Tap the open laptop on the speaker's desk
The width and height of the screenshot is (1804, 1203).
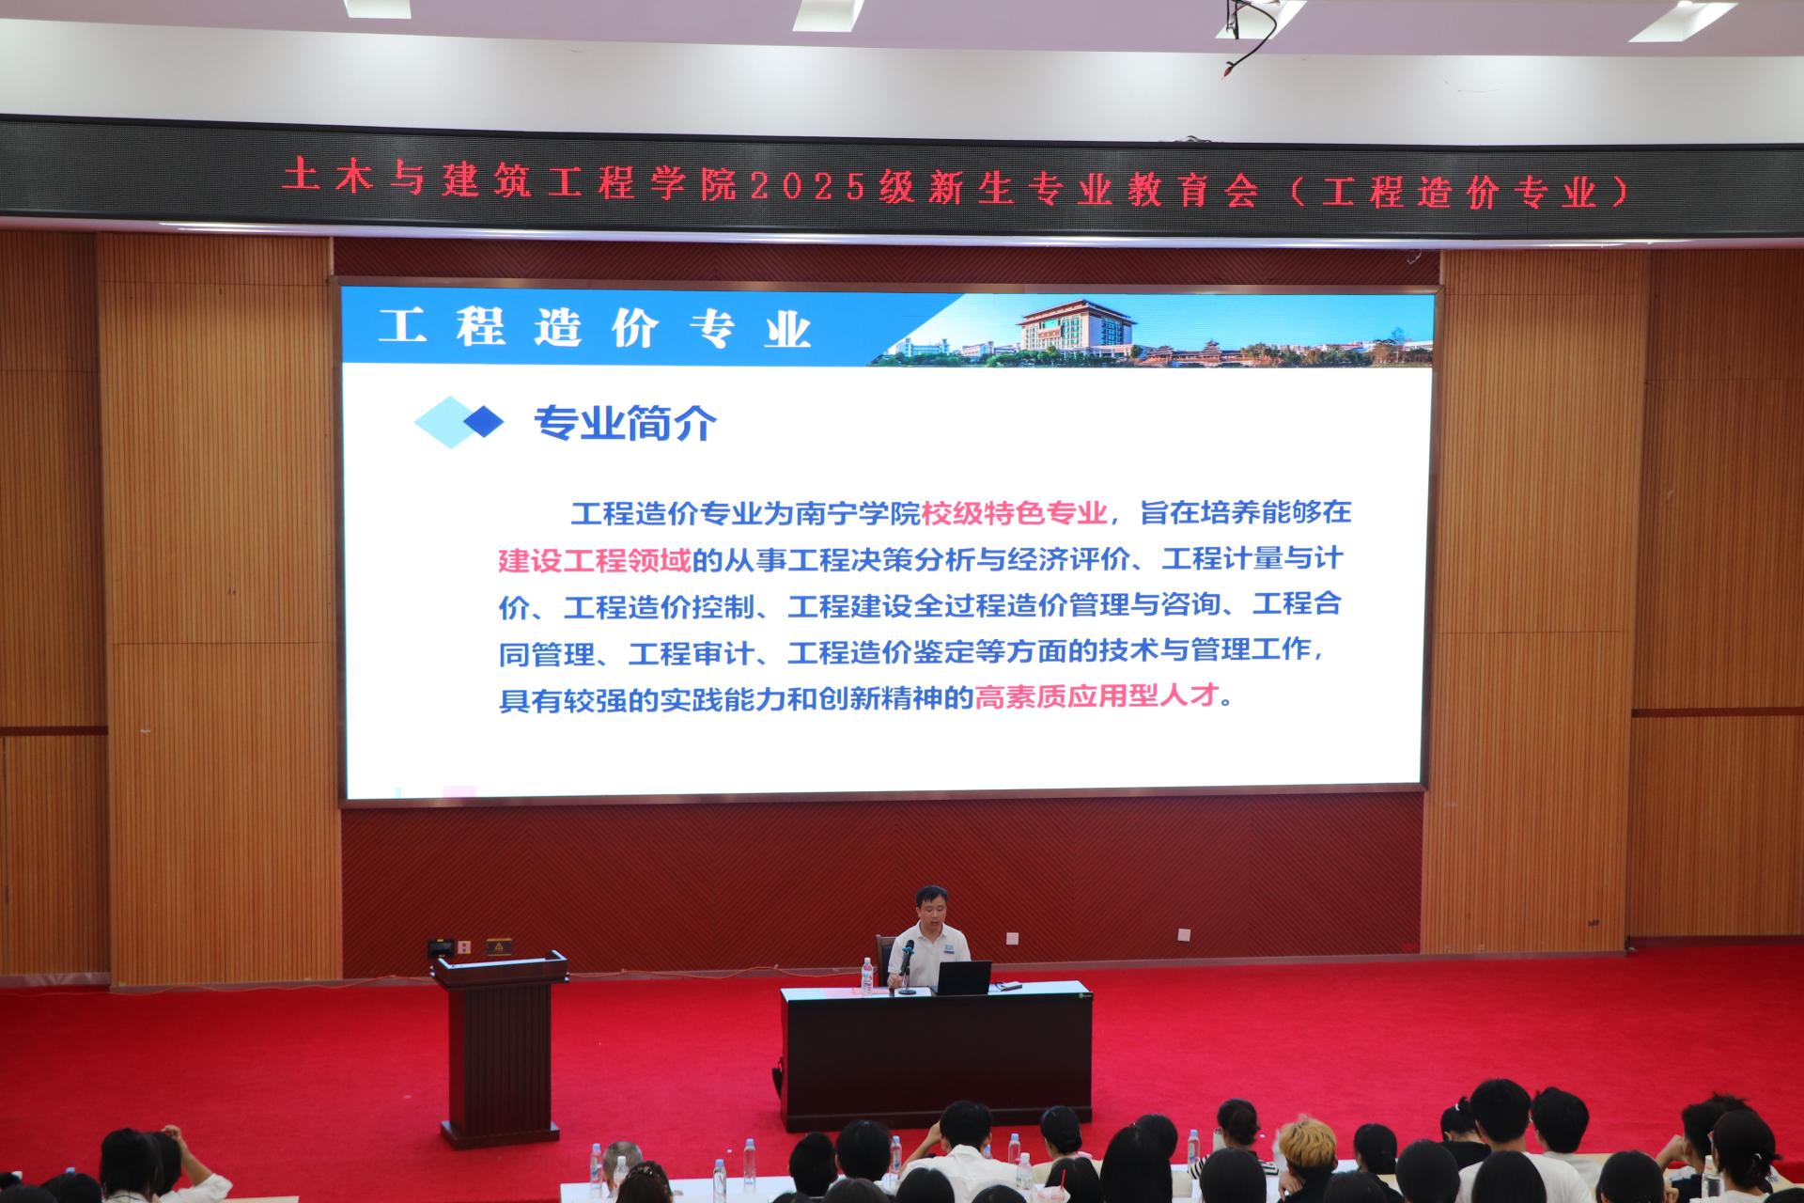point(962,977)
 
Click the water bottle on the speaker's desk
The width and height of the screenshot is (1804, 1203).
point(866,976)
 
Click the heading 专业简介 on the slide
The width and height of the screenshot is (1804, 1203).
point(625,424)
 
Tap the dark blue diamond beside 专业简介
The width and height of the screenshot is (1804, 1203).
point(484,421)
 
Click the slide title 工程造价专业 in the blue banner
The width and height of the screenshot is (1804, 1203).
point(595,329)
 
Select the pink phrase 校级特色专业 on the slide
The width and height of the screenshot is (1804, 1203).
point(1015,513)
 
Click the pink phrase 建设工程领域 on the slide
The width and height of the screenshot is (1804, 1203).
point(594,560)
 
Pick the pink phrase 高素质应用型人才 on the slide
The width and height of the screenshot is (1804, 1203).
point(1097,697)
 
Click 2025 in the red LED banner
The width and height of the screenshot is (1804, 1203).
point(807,187)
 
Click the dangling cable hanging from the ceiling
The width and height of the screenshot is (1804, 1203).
point(1250,38)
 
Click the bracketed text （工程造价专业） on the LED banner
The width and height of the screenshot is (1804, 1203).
point(1458,192)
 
